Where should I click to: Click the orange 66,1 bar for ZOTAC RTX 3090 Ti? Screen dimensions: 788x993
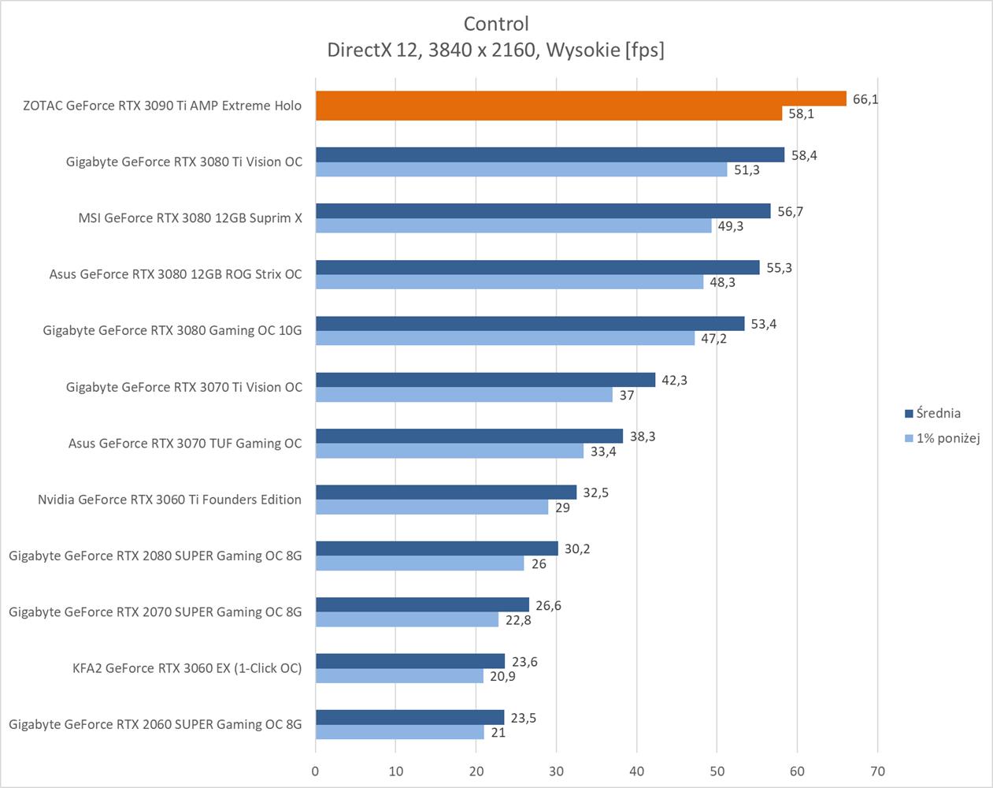(580, 98)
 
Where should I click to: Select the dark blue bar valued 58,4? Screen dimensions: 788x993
(550, 154)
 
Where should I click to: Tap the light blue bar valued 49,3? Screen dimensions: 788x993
(513, 226)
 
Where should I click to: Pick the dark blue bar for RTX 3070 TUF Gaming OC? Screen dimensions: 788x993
(469, 436)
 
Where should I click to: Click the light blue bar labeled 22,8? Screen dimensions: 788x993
(406, 620)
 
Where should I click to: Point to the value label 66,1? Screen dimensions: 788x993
(865, 99)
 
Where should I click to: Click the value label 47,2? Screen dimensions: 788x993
(713, 339)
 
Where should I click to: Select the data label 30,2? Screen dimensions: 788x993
(577, 548)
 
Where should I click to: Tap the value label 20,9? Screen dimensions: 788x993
(502, 676)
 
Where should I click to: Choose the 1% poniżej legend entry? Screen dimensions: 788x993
(947, 438)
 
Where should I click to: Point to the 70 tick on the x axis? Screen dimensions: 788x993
(877, 771)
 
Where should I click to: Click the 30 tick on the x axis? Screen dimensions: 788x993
(557, 771)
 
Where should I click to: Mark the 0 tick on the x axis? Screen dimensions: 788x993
(316, 771)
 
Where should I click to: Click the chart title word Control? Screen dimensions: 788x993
(496, 24)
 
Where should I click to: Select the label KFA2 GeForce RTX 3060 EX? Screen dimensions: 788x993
(187, 667)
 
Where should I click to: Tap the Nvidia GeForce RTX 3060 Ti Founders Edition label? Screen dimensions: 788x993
(169, 499)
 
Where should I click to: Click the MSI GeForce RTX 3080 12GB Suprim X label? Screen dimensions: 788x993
(190, 217)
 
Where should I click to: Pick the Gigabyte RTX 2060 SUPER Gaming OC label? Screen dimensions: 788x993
(155, 723)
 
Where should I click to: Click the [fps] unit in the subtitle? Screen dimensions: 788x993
(644, 50)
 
